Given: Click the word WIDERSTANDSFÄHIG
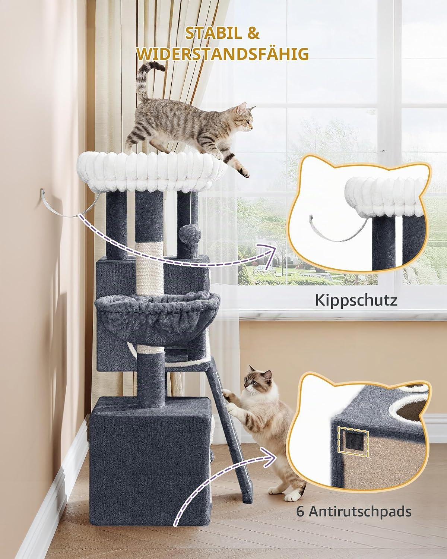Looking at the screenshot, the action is pos(223,54).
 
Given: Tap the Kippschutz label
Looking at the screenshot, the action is pos(356,300).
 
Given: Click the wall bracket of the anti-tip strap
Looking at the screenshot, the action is pos(42,194).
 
